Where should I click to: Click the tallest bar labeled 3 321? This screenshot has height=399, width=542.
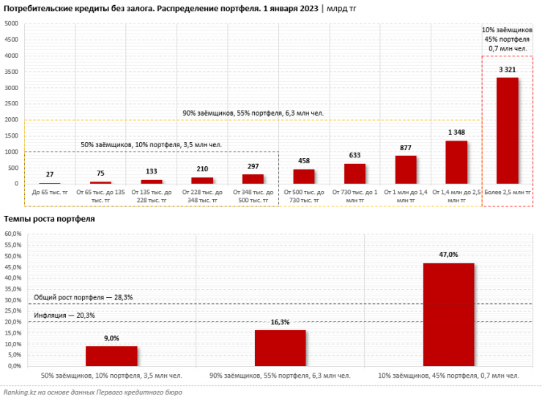(507, 130)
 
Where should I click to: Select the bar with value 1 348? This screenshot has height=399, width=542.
(456, 162)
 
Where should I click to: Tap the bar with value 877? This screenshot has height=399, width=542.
(405, 169)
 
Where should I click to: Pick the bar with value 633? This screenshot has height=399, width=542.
(354, 174)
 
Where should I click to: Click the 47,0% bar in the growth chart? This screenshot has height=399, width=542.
(448, 314)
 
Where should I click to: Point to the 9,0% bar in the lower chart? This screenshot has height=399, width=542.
(111, 356)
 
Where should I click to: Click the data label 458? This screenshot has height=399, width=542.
(303, 160)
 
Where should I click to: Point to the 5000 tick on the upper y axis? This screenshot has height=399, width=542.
(11, 23)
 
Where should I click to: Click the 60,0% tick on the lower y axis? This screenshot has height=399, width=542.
(14, 234)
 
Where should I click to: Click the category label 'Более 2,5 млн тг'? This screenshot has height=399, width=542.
(507, 192)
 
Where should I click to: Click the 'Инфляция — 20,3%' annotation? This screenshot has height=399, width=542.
(64, 316)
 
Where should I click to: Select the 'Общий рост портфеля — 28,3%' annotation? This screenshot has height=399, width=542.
(83, 297)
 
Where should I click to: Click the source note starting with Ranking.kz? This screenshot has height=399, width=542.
(92, 392)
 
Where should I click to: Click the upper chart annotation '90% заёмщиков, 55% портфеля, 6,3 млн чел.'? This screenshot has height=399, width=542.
(253, 113)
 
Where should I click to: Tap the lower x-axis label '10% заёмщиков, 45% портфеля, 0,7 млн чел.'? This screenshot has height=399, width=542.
(448, 375)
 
